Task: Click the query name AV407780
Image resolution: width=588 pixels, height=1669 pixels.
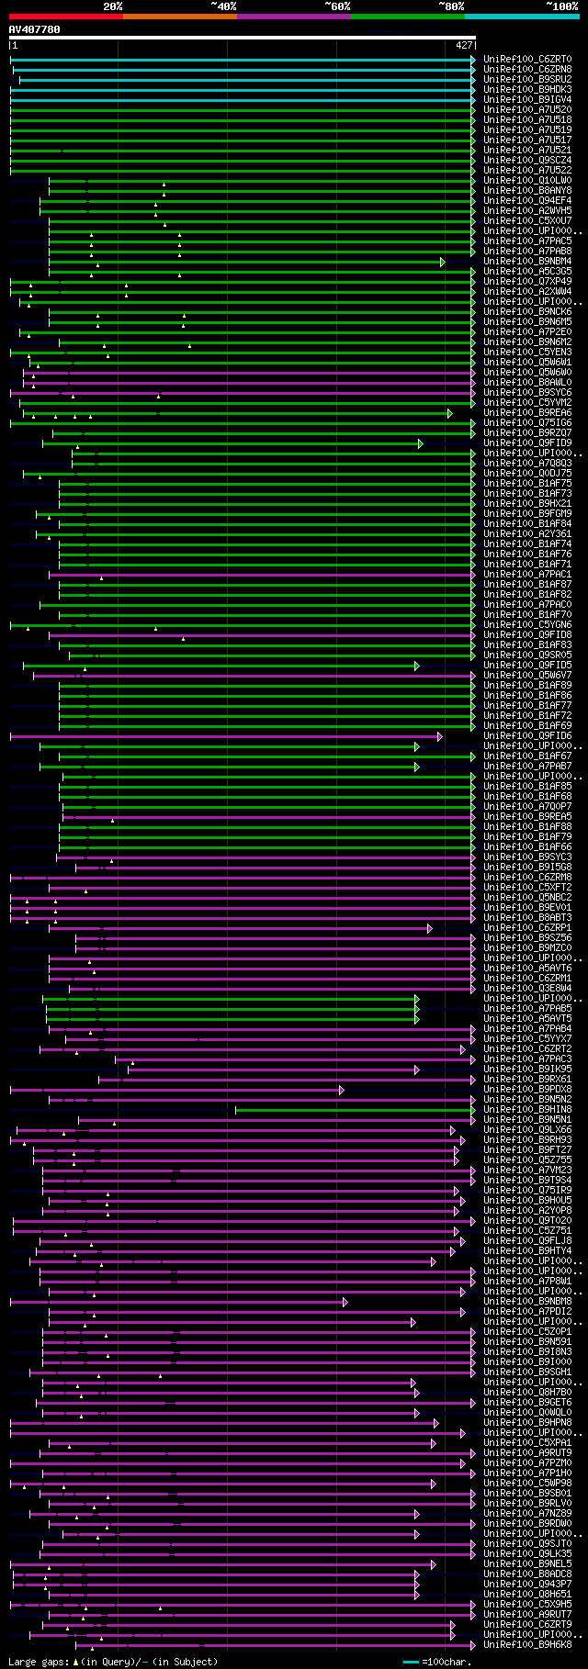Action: point(34,29)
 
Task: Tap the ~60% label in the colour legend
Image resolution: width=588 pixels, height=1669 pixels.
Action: point(337,6)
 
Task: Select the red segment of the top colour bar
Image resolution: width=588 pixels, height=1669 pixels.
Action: point(65,16)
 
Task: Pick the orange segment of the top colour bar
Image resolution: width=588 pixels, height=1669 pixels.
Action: point(179,16)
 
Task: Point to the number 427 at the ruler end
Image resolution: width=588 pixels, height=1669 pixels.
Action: point(464,44)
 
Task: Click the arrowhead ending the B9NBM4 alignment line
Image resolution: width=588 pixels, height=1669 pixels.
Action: point(443,262)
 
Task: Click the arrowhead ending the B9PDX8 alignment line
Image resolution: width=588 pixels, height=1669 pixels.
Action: point(341,1090)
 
